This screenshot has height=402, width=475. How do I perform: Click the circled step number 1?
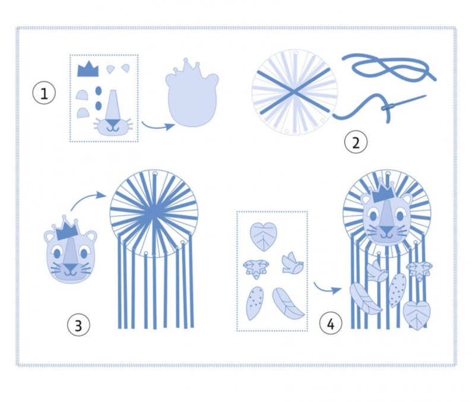tap(44, 93)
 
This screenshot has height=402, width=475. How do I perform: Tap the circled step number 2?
tap(356, 142)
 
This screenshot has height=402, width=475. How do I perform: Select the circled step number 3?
tap(78, 325)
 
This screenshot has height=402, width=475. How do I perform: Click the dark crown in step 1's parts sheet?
tap(88, 69)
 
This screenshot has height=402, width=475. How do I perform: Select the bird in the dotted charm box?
tap(292, 263)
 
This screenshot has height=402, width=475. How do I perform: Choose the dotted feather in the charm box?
tap(255, 303)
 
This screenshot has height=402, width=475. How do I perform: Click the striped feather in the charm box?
tap(288, 303)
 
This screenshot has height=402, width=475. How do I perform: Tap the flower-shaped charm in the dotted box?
tap(256, 268)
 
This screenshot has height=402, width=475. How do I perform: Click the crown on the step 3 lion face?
tap(67, 228)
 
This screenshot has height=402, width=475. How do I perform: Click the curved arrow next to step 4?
tap(327, 289)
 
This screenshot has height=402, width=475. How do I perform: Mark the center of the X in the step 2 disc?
tap(293, 92)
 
